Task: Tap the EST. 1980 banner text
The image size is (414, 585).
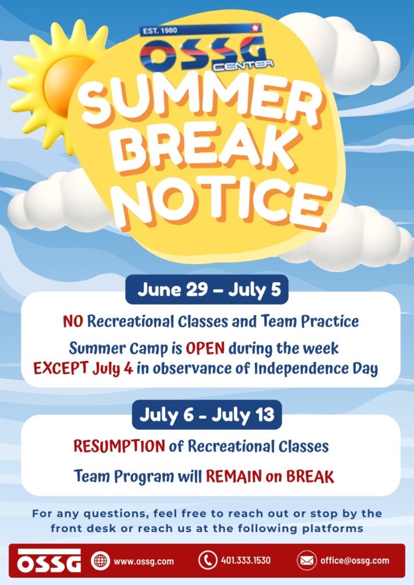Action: (160, 30)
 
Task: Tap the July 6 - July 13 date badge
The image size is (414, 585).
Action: (207, 415)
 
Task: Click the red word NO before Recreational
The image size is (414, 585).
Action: (73, 321)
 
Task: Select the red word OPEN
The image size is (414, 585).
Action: (205, 348)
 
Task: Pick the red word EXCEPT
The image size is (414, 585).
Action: (61, 368)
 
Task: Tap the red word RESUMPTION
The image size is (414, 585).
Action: (119, 446)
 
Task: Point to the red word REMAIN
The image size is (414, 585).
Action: (234, 476)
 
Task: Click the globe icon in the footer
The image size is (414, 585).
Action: (101, 561)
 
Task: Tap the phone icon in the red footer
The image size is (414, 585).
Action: (208, 560)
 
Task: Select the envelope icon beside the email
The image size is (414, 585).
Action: (306, 560)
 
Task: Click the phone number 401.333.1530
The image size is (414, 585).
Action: (246, 561)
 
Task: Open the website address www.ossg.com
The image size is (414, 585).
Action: (144, 561)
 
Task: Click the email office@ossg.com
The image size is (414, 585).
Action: (355, 561)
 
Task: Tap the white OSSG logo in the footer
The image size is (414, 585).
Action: (49, 560)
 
